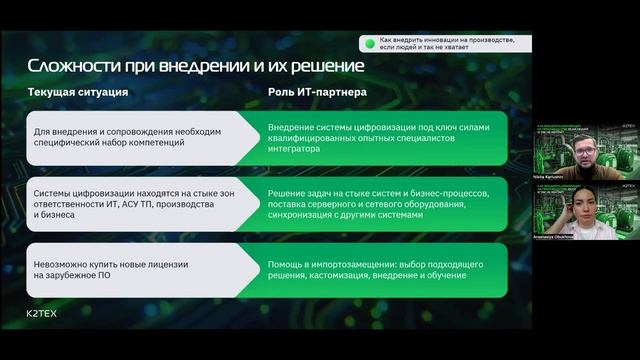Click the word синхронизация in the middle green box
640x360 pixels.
coord(304,216)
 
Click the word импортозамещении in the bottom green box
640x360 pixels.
coord(348,263)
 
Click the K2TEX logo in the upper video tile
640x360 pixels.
coord(628,128)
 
